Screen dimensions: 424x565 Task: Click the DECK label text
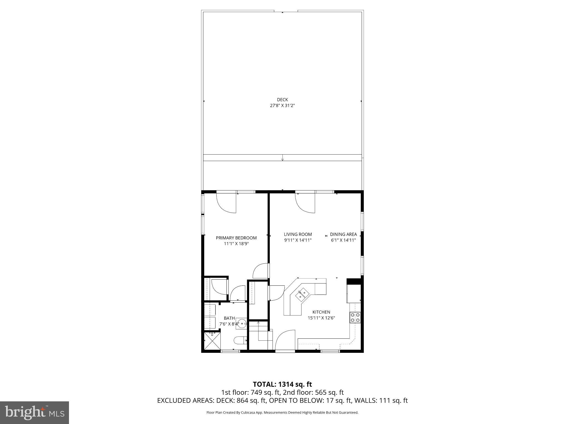[x=282, y=100]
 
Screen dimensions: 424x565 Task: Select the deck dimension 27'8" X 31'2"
[x=282, y=105]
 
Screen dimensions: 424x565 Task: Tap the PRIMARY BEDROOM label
[x=236, y=238]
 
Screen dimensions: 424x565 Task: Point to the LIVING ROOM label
[x=298, y=234]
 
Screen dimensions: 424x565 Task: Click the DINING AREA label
[x=343, y=234]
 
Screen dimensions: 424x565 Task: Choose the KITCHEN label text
[x=321, y=312]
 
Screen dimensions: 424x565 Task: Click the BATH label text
[x=229, y=318]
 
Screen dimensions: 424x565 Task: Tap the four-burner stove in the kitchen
[x=355, y=317]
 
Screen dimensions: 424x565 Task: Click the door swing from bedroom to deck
[x=227, y=203]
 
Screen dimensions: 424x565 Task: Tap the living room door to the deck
[x=306, y=203]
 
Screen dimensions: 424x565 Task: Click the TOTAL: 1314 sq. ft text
[x=282, y=384]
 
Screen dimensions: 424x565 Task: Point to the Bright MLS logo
[x=34, y=412]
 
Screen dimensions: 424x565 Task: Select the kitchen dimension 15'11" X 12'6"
[x=321, y=318]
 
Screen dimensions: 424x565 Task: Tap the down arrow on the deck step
[x=282, y=159]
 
